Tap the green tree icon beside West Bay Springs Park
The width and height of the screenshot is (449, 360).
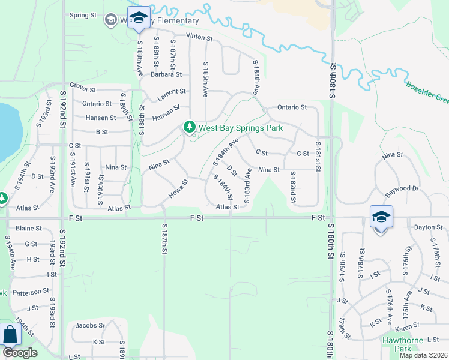click(x=190, y=127)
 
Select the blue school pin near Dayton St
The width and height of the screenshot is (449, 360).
click(x=381, y=217)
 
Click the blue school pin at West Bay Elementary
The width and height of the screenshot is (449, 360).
click(x=139, y=19)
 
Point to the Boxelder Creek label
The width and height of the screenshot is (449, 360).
click(x=427, y=94)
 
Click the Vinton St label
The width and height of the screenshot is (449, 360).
click(x=200, y=38)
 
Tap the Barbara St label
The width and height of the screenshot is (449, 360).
click(x=166, y=75)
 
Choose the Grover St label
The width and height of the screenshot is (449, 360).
click(x=83, y=90)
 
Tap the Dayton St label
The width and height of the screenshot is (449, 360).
click(x=429, y=228)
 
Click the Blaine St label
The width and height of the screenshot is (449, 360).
click(x=28, y=229)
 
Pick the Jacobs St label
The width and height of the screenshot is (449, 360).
click(x=90, y=326)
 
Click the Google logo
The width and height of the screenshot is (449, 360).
click(x=20, y=353)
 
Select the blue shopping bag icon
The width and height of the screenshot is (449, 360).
click(x=9, y=335)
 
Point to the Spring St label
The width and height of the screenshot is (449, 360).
click(x=82, y=16)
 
